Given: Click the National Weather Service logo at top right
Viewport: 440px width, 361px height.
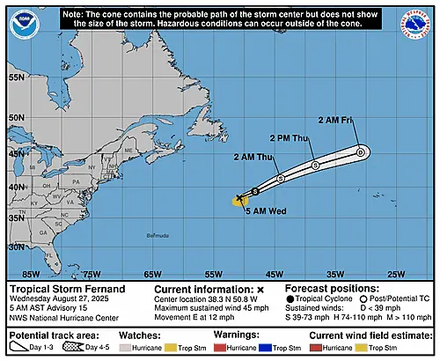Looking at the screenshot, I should point(418,22).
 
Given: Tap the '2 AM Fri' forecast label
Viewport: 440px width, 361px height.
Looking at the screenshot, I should point(335,121).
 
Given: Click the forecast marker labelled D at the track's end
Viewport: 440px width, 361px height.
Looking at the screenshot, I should point(361,152).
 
